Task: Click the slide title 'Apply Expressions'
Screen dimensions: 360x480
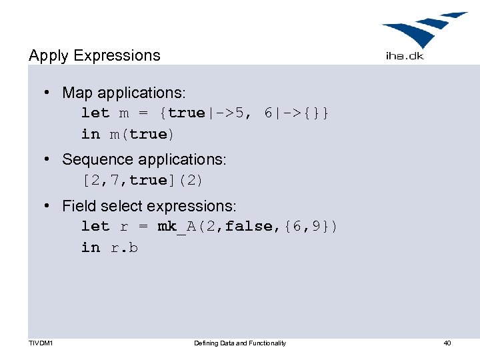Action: click(x=95, y=55)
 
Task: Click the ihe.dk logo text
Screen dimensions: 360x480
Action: click(x=404, y=56)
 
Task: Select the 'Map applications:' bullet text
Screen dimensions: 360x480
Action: click(x=124, y=93)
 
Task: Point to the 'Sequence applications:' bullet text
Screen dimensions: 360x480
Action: click(x=144, y=160)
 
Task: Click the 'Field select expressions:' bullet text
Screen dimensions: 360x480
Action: click(x=149, y=207)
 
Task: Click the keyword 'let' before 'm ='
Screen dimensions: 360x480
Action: click(x=95, y=113)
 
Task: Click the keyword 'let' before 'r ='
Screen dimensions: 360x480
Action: click(x=95, y=227)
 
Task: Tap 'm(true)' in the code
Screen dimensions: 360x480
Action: click(x=143, y=134)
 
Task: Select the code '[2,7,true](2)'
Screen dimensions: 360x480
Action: click(x=143, y=181)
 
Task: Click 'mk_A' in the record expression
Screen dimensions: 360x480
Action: click(x=176, y=227)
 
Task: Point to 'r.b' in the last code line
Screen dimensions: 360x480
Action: click(x=124, y=247)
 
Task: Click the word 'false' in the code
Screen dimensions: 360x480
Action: click(x=249, y=227)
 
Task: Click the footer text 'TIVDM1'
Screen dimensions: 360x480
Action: click(x=41, y=343)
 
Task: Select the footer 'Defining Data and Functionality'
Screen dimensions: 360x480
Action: click(x=240, y=343)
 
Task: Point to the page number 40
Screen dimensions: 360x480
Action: click(x=447, y=343)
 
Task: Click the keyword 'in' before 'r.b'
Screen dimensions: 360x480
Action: click(x=91, y=247)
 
